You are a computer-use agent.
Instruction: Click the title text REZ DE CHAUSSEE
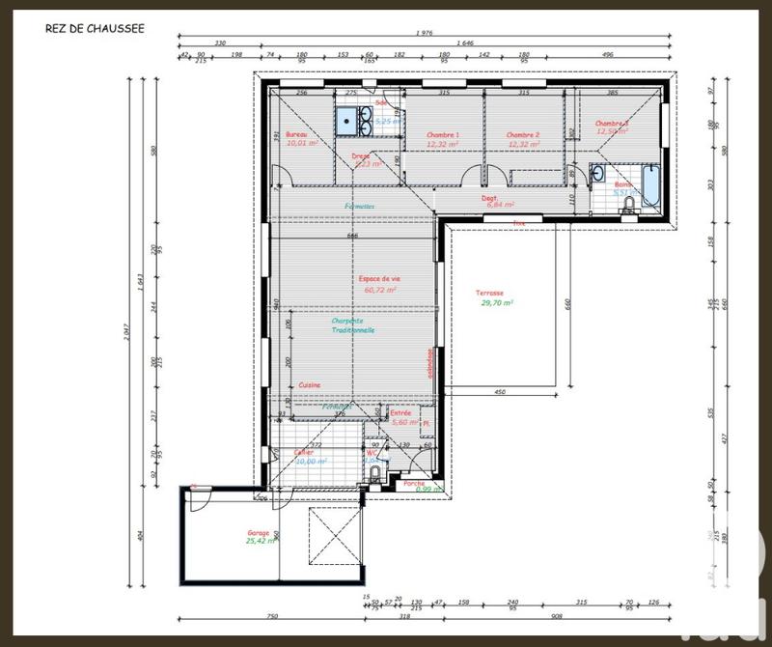[x=94, y=28]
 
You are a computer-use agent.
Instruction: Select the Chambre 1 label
[x=443, y=135]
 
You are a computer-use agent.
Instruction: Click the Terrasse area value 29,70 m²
[x=497, y=302]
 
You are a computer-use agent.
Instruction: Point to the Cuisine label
[x=309, y=384]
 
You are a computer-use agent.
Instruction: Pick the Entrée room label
[x=400, y=412]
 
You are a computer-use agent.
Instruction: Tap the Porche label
[x=414, y=482]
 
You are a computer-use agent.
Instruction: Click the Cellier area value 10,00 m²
[x=311, y=462]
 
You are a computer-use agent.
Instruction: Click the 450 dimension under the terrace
[x=500, y=393]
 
